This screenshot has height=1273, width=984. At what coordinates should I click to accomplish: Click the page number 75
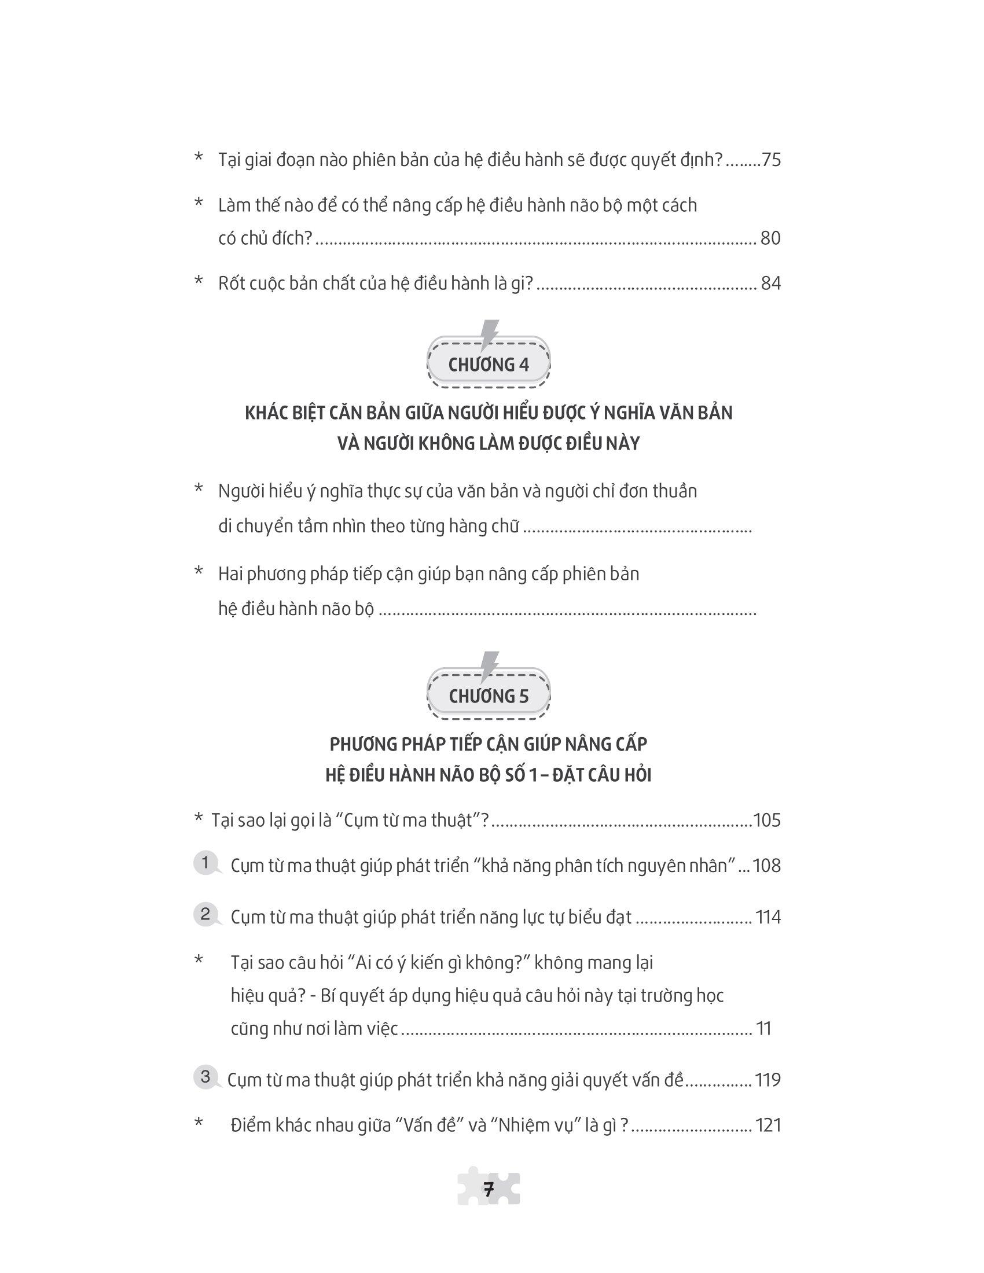pyautogui.click(x=770, y=160)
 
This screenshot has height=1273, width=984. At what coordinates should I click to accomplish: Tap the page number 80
pyautogui.click(x=770, y=238)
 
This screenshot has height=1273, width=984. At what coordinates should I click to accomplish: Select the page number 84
pyautogui.click(x=770, y=284)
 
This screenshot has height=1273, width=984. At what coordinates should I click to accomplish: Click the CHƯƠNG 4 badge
pyautogui.click(x=489, y=365)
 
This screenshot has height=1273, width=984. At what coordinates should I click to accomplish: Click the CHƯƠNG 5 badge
pyautogui.click(x=489, y=696)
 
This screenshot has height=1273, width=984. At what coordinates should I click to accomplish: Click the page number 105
pyautogui.click(x=766, y=820)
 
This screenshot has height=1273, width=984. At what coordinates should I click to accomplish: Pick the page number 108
pyautogui.click(x=766, y=866)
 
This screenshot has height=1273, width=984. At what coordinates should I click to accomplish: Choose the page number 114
pyautogui.click(x=768, y=917)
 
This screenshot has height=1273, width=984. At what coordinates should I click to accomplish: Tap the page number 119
pyautogui.click(x=768, y=1080)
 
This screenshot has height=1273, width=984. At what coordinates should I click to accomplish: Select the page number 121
pyautogui.click(x=768, y=1125)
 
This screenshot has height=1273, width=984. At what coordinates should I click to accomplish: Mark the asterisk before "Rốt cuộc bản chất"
pyautogui.click(x=199, y=282)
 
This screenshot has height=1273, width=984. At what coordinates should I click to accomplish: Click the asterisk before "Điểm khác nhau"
pyautogui.click(x=199, y=1123)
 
